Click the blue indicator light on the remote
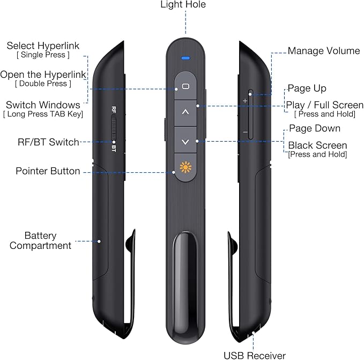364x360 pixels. tap(185, 56)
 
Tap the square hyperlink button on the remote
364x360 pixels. tap(185, 86)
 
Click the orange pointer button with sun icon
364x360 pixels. tap(185, 167)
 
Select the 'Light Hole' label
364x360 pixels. tap(183, 5)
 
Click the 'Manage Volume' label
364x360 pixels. tap(324, 51)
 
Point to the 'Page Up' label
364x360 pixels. tap(307, 88)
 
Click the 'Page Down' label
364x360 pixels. tap(315, 129)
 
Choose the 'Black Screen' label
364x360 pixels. tap(317, 145)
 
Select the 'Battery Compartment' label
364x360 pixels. tap(48, 240)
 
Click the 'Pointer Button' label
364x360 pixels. tap(48, 171)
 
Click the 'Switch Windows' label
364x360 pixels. tap(43, 105)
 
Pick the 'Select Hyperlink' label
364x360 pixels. tap(42, 46)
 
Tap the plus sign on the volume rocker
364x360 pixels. tap(245, 100)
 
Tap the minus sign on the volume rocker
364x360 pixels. tap(245, 131)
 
